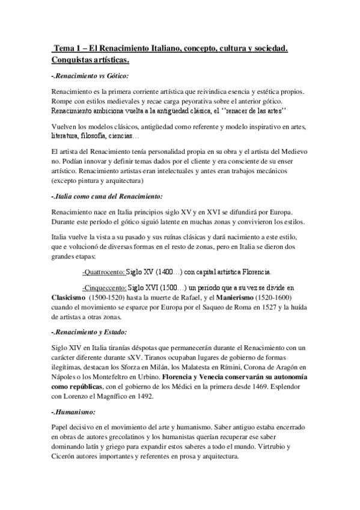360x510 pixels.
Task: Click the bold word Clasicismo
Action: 68,298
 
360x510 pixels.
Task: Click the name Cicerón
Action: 66,458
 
